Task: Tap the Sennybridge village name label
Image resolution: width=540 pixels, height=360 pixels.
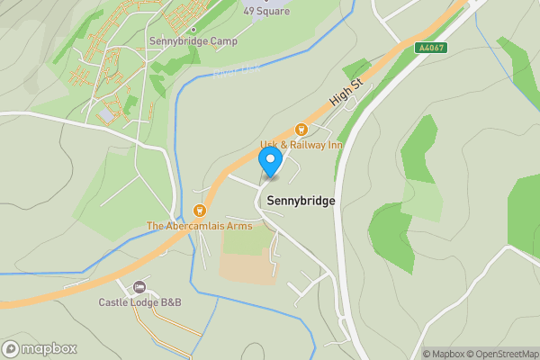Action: (x=300, y=202)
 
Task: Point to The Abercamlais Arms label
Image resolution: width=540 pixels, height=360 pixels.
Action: (x=200, y=226)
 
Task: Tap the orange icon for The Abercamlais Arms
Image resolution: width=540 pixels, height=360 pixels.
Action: (x=200, y=211)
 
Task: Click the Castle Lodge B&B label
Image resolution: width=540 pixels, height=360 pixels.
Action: (x=139, y=302)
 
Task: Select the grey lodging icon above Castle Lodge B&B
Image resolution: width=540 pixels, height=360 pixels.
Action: (x=139, y=288)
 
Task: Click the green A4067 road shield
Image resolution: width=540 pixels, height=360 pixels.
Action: (x=431, y=47)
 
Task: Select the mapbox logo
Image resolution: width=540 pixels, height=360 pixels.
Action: (x=40, y=348)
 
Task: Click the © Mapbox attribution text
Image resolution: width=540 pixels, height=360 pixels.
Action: (x=443, y=354)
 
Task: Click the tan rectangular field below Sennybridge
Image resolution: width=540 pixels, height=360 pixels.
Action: (x=248, y=266)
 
